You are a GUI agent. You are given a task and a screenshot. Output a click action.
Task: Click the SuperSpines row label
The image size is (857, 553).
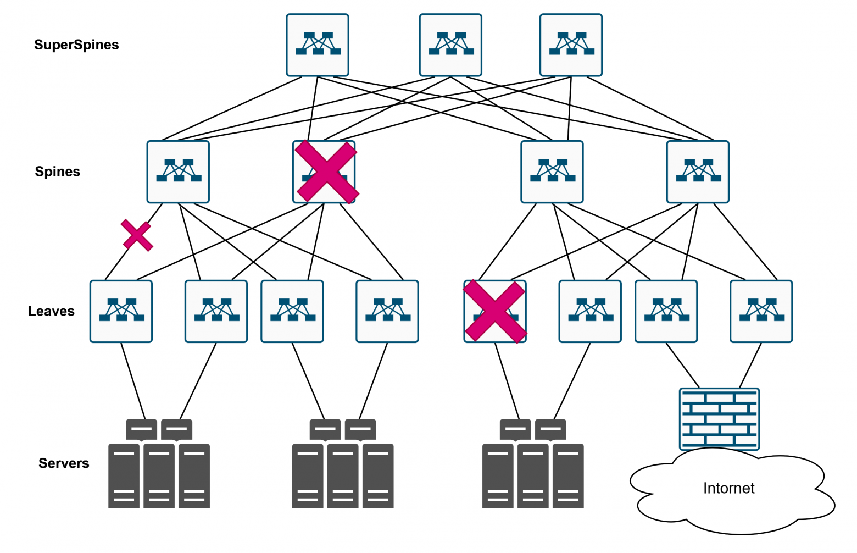76,45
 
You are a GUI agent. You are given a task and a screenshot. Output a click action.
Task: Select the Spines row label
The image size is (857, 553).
58,172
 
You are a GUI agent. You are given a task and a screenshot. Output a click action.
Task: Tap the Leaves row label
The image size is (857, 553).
51,311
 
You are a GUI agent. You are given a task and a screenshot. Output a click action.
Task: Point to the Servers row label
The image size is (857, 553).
64,463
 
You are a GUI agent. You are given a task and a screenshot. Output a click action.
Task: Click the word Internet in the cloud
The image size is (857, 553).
728,488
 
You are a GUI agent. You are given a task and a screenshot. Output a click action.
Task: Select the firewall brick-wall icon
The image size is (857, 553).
719,419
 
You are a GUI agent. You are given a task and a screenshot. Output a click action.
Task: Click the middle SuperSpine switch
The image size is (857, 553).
450,45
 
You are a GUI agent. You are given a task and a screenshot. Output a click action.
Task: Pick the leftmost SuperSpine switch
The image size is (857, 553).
318,45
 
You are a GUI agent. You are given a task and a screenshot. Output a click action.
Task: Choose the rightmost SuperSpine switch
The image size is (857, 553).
571,45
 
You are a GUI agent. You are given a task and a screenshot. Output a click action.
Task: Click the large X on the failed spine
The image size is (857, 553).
326,172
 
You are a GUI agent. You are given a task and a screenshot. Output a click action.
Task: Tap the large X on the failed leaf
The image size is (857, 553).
494,312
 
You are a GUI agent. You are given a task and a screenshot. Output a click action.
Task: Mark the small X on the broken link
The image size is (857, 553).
137,235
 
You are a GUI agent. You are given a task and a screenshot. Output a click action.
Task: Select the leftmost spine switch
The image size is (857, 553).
178,172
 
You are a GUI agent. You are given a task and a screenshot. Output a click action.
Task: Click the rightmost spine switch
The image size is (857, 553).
698,172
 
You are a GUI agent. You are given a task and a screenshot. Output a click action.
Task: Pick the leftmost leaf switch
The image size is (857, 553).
121,312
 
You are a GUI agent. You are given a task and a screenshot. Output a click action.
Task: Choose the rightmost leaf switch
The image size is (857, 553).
761,312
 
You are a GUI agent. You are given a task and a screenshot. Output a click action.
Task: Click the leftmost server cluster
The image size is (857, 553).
159,464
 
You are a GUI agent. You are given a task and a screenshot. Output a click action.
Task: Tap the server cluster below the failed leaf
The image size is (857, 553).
533,464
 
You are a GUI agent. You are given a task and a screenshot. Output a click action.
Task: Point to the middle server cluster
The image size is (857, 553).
343,464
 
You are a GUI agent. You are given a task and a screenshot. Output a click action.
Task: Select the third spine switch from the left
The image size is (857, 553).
552,172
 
